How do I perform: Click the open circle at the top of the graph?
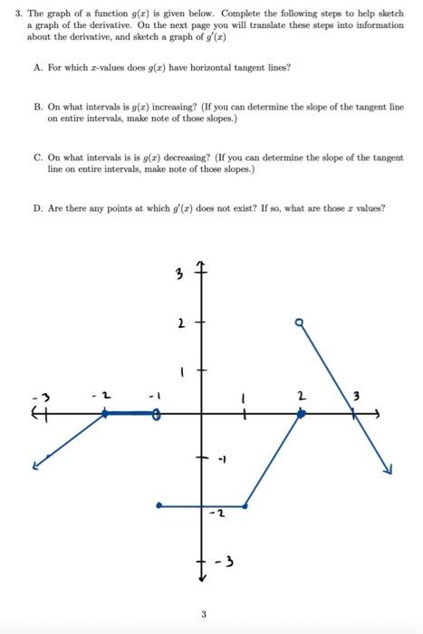[x=298, y=321]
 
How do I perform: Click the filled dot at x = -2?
[x=105, y=413]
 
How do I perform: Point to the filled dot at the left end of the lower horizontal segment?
[x=159, y=505]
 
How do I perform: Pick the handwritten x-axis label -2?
[x=102, y=396]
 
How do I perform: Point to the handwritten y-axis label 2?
[x=181, y=322]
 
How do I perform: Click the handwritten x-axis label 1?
[x=242, y=396]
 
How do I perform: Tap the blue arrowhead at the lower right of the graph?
[x=387, y=468]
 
